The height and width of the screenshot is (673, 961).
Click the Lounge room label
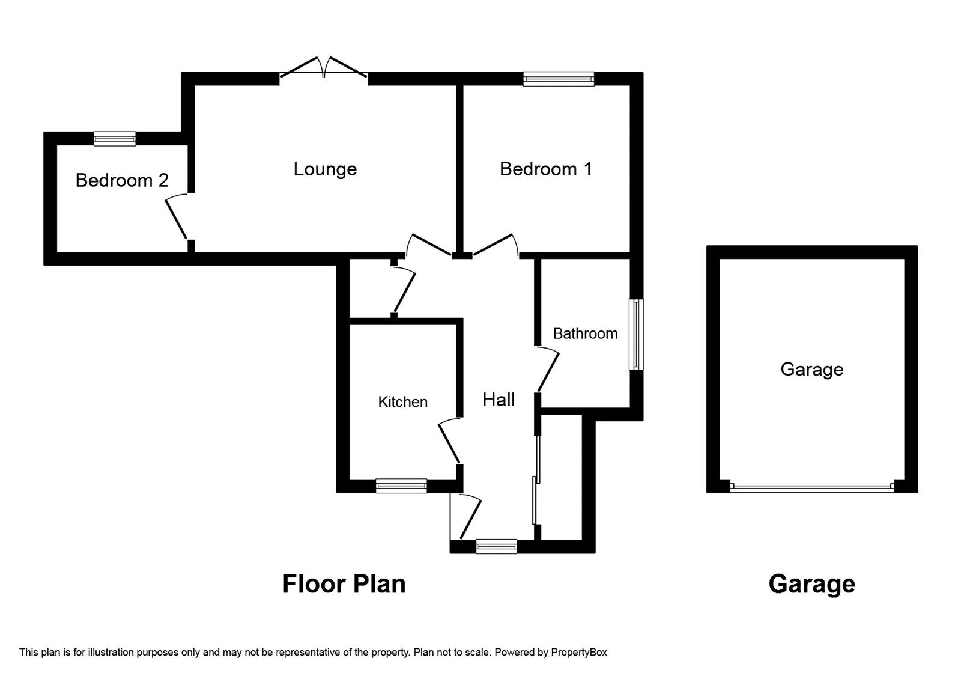click(325, 169)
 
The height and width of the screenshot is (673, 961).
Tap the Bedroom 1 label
click(545, 169)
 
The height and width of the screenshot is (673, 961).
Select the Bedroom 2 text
click(122, 180)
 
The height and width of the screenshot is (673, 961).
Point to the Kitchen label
click(402, 402)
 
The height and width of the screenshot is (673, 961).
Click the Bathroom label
click(585, 333)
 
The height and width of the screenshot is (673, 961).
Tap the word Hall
click(499, 400)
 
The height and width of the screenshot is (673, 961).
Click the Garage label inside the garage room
click(811, 369)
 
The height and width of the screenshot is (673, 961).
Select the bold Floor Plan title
click(344, 584)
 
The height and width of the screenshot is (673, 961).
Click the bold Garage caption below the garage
click(811, 584)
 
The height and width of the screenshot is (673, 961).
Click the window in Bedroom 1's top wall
click(558, 79)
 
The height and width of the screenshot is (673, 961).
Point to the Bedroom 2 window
click(114, 139)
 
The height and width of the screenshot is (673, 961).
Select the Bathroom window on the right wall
click(635, 334)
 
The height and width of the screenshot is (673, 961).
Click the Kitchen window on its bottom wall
click(401, 486)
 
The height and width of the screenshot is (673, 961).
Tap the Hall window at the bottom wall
click(496, 546)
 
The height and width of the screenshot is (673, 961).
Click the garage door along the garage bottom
click(812, 487)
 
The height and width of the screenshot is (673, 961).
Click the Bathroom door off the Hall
click(547, 370)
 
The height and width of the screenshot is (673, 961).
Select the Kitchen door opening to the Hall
click(450, 442)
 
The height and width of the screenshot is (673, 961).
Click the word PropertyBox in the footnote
click(579, 652)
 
